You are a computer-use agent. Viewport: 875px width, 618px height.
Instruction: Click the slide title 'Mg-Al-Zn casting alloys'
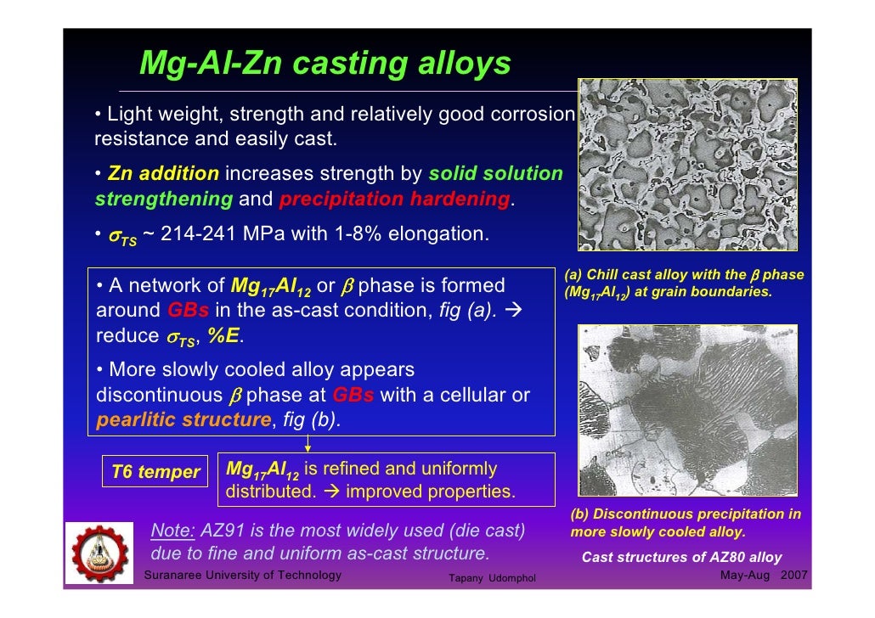[x=325, y=64]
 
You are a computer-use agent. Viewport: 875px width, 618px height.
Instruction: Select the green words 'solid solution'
[x=495, y=174]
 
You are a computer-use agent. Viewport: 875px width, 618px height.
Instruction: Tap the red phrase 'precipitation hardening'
[x=394, y=199]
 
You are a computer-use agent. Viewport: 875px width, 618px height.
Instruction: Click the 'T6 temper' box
[x=155, y=472]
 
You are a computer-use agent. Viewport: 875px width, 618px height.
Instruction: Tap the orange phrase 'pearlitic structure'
[x=183, y=419]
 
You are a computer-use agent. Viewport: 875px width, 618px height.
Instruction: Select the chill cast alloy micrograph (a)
[x=687, y=165]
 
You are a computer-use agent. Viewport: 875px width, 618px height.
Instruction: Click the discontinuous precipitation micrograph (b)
[x=687, y=412]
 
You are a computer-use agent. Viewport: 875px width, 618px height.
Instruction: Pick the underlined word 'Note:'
[x=172, y=531]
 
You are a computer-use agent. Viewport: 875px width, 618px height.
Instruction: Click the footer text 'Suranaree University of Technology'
[x=244, y=576]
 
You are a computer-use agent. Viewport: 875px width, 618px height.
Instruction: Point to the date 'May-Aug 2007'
[x=763, y=576]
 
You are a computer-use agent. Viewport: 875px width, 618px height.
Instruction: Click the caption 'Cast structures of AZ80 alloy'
[x=681, y=558]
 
